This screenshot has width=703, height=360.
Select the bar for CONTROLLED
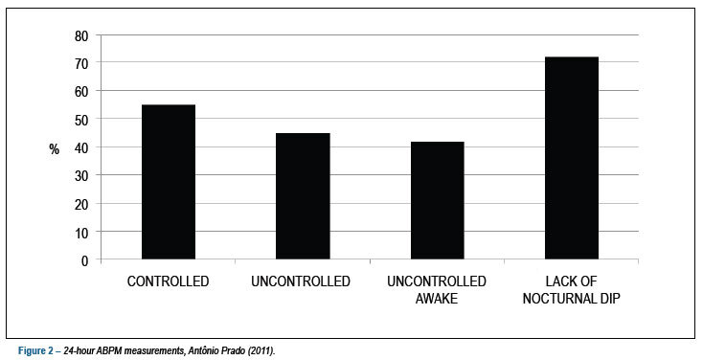click(169, 182)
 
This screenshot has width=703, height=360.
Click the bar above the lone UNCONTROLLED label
click(303, 196)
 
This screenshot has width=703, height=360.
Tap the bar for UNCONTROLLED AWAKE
click(438, 200)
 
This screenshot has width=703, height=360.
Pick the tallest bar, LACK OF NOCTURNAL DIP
click(572, 158)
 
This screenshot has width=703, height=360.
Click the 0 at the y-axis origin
click(84, 261)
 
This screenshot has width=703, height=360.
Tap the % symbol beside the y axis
click(55, 149)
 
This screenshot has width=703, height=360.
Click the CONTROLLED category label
click(169, 281)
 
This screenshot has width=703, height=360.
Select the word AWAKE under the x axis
click(437, 299)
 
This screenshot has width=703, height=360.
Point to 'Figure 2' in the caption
click(35, 350)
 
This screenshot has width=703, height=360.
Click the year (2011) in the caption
click(261, 350)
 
